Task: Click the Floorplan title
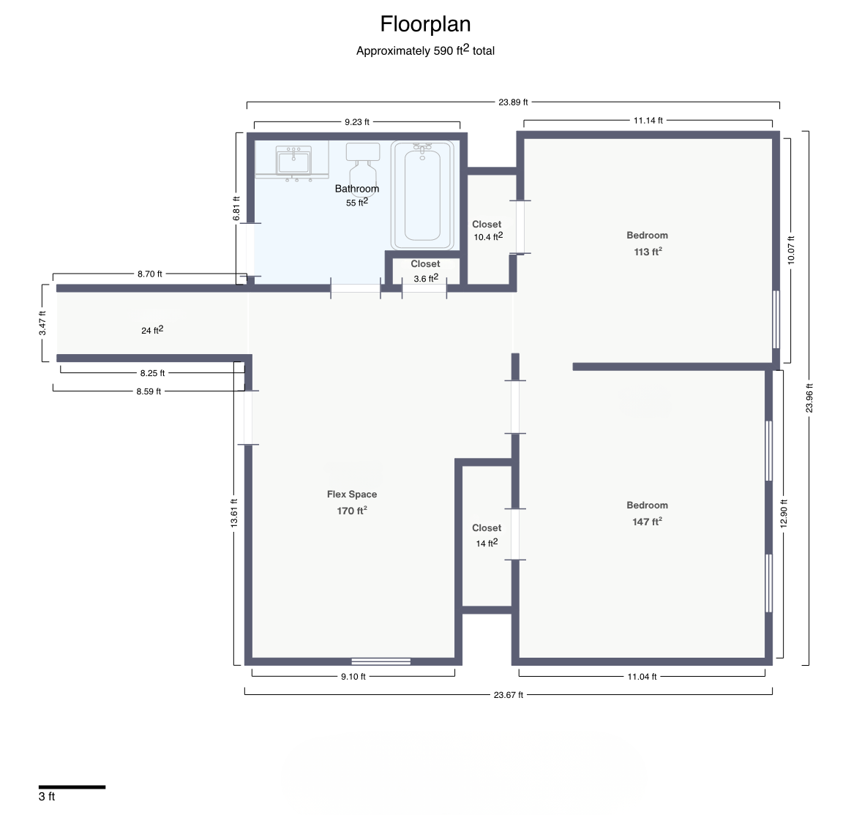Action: tap(425, 24)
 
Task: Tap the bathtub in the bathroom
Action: tap(422, 195)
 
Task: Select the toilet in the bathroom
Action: tap(362, 164)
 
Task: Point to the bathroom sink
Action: tap(293, 161)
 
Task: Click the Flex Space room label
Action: tap(352, 495)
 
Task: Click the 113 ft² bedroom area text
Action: tap(648, 252)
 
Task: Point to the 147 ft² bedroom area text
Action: tap(647, 522)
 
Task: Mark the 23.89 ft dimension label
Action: tap(513, 102)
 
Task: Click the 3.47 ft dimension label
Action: tap(42, 323)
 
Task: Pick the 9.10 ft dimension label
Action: tap(353, 677)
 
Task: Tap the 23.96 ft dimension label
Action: tap(809, 398)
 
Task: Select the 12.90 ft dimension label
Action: tap(784, 514)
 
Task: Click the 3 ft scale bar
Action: tap(72, 786)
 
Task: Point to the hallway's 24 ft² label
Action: tap(152, 330)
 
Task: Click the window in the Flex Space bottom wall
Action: tap(381, 661)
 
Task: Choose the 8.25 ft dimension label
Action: tap(152, 373)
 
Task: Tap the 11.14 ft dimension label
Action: tap(648, 121)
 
